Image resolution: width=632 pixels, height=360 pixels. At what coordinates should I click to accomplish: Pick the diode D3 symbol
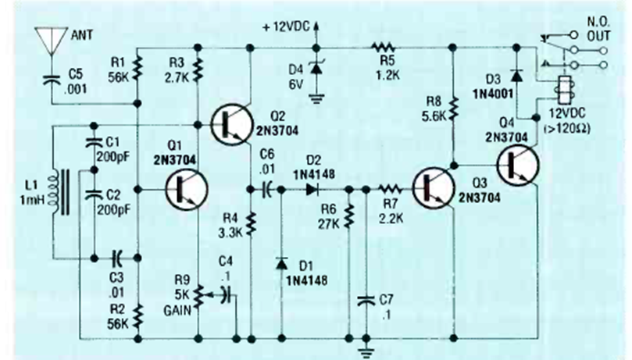515,75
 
